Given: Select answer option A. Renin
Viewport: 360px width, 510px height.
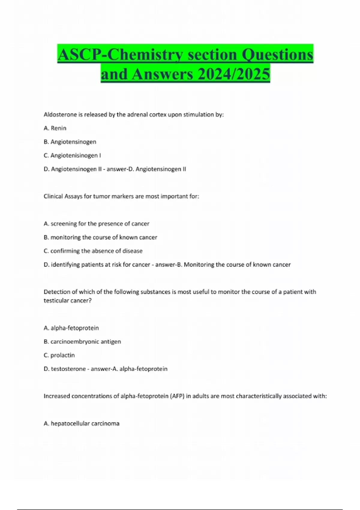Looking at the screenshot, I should coord(55,128).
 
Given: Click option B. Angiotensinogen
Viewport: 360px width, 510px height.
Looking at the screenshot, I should coord(70,142).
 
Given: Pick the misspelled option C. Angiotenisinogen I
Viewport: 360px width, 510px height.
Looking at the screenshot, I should coord(72,155).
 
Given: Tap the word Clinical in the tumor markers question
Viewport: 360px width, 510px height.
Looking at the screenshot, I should coord(53,196).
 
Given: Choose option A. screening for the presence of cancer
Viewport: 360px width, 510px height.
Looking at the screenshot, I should coord(96,223).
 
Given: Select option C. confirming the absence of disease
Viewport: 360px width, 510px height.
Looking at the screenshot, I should coord(93,251).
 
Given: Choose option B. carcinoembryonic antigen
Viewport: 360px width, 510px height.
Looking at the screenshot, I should coord(82,341).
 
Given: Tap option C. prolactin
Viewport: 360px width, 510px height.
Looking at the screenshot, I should coord(59,355).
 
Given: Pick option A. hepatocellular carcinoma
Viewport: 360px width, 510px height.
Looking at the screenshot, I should coord(82,423).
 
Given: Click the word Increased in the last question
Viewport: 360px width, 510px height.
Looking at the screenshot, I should coord(56,396).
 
